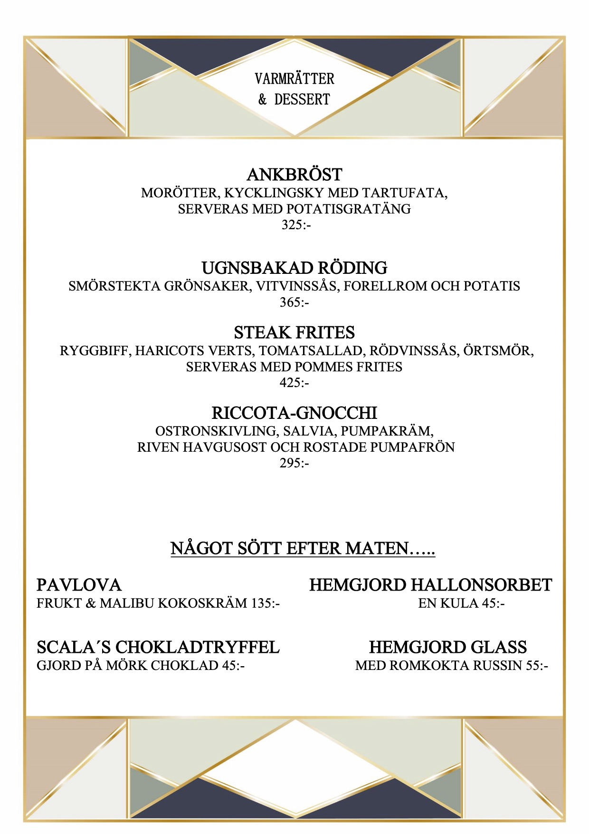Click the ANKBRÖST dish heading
pos(294,175)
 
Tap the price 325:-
pos(295,224)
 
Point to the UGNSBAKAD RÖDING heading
pos(294,268)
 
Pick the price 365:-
pos(294,302)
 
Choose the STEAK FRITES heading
pos(294,332)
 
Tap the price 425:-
pos(294,382)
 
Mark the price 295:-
pos(294,463)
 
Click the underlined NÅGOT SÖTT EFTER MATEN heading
pos(303,548)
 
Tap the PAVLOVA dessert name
pos(79,585)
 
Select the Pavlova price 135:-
pos(266,603)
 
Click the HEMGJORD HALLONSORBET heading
pos(430,585)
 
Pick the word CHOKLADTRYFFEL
pos(198,647)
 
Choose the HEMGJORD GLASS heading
pos(447,647)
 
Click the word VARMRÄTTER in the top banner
pos(294,78)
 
